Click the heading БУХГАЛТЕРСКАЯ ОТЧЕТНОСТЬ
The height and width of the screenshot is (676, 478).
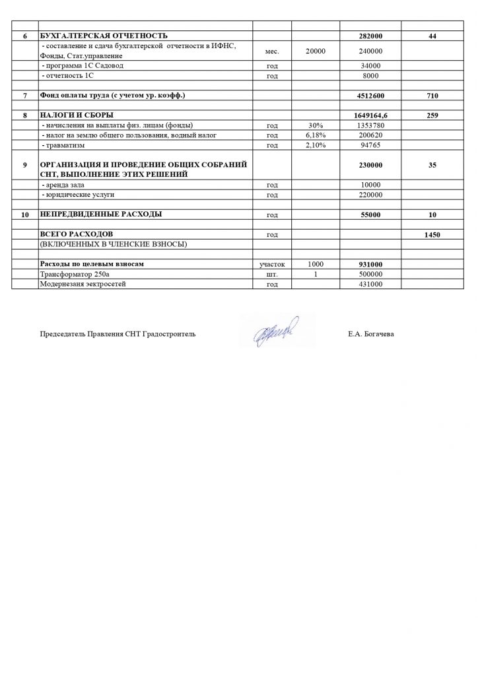point(104,35)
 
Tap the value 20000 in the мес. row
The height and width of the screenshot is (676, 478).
point(314,50)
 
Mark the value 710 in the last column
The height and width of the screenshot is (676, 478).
point(432,96)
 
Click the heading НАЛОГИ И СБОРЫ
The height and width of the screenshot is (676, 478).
point(78,115)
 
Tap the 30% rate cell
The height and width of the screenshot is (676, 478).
point(314,125)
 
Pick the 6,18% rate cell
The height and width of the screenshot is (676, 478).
point(314,135)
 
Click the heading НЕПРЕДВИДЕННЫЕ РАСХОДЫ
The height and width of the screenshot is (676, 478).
point(102,215)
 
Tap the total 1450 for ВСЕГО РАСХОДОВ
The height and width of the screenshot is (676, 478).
point(432,235)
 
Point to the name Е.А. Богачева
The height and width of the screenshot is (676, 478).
point(371,334)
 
